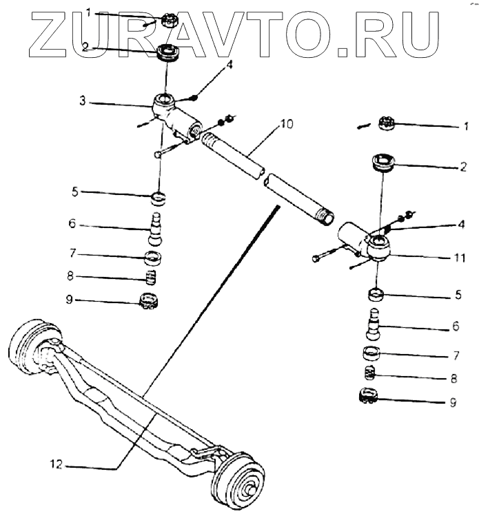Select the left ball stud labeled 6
tap(158, 228)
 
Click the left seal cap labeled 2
tap(165, 52)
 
